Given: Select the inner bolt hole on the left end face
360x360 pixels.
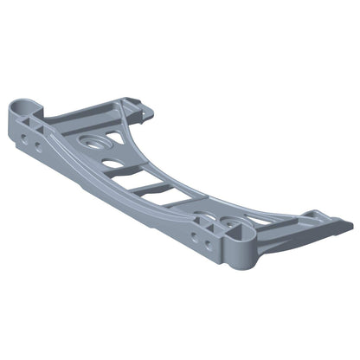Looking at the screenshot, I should pos(38,146).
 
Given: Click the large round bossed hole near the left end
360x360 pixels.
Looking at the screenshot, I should pos(92,138).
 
